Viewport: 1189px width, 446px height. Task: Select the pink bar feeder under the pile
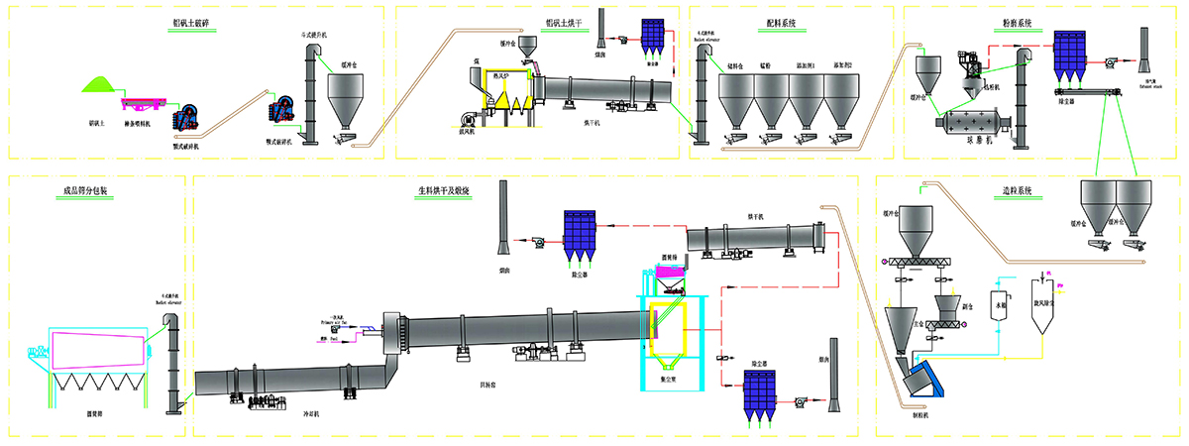[145, 102]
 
